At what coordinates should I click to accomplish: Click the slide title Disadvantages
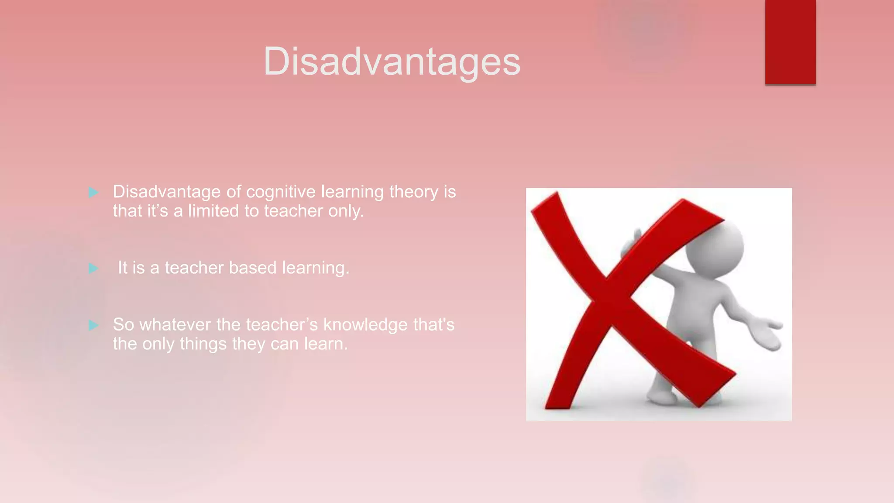click(392, 62)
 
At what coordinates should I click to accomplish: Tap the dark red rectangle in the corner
click(790, 41)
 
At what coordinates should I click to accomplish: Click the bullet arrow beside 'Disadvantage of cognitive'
click(93, 192)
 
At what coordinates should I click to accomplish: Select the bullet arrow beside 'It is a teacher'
click(93, 268)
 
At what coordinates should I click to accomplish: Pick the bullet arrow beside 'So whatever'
click(93, 325)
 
